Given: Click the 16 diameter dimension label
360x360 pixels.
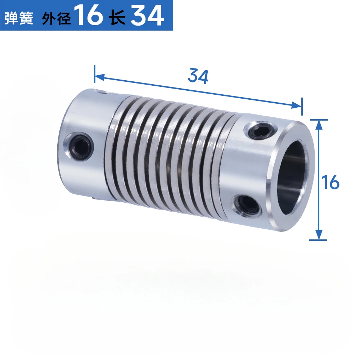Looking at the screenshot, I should click(x=331, y=183).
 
